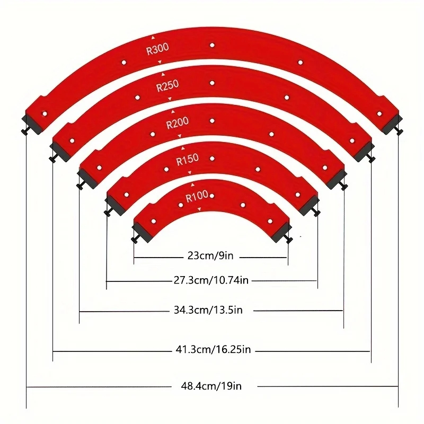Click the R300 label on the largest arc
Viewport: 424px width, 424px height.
click(x=157, y=48)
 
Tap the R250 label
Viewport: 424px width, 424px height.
click(x=167, y=85)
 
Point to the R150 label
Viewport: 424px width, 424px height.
click(x=187, y=158)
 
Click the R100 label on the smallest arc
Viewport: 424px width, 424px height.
click(x=197, y=196)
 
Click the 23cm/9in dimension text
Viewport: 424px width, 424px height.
click(x=210, y=256)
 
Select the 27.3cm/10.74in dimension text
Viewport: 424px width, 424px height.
click(x=211, y=280)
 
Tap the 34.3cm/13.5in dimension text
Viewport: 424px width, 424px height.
click(x=210, y=310)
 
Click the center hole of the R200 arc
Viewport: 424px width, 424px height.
click(x=211, y=121)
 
